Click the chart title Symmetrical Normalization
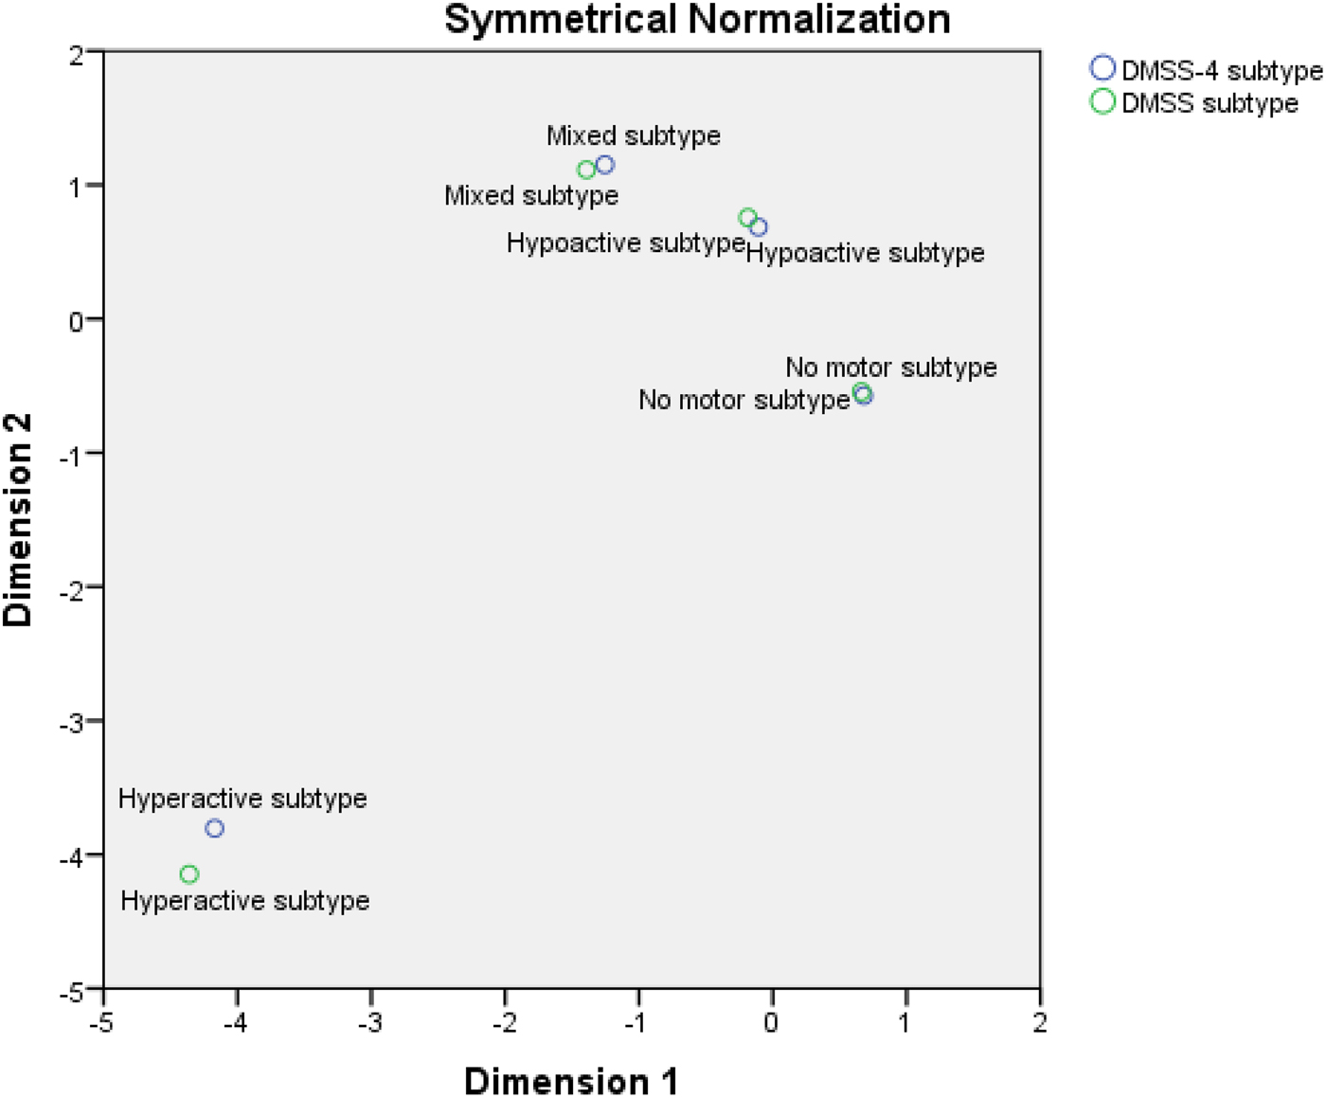697,20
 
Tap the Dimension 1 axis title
570,1081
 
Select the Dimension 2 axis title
18,519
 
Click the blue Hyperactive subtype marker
215,828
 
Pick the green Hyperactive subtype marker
189,873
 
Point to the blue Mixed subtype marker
605,165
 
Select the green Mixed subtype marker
586,170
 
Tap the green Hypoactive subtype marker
747,218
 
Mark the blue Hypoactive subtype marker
759,227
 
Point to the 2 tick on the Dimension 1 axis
1040,1022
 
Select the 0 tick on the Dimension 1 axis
772,1022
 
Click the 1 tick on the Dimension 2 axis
76,186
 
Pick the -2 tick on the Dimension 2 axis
72,587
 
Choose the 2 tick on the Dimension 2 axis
76,55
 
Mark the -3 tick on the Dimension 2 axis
72,722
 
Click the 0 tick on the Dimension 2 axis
76,321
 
